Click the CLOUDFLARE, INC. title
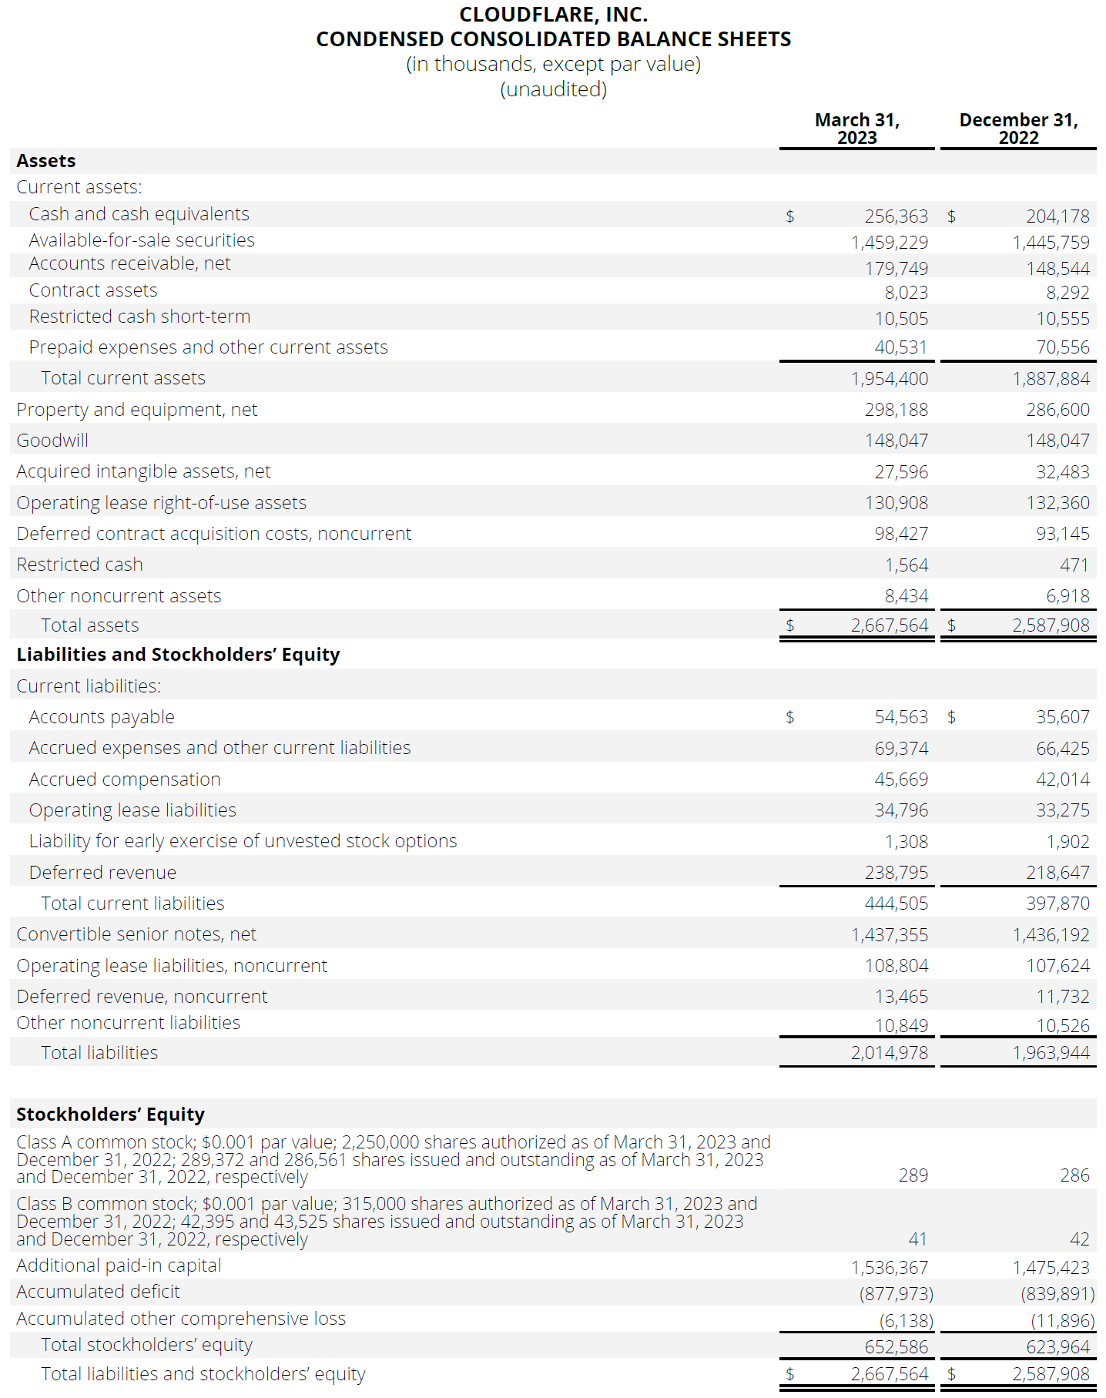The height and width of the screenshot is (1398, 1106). (553, 15)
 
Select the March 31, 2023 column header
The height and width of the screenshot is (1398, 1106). (856, 129)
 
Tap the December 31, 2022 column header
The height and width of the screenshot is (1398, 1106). (1017, 129)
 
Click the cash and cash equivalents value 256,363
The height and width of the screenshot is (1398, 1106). (896, 216)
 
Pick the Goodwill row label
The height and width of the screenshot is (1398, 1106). (52, 441)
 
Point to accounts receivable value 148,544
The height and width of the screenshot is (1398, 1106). (1057, 269)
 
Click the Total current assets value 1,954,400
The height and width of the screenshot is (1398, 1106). (889, 379)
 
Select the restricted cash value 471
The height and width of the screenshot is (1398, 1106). (1074, 565)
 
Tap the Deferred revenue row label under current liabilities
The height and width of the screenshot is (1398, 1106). (102, 873)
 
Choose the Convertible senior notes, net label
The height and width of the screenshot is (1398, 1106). (136, 934)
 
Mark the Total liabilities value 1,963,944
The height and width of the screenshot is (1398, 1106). (1051, 1053)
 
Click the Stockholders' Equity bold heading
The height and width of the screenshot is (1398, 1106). (110, 1115)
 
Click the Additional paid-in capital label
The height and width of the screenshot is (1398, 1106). (119, 1266)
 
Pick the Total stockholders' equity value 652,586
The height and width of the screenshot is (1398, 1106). (896, 1347)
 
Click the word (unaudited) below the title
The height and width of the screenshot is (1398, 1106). (553, 89)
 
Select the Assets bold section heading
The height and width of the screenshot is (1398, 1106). (46, 161)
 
